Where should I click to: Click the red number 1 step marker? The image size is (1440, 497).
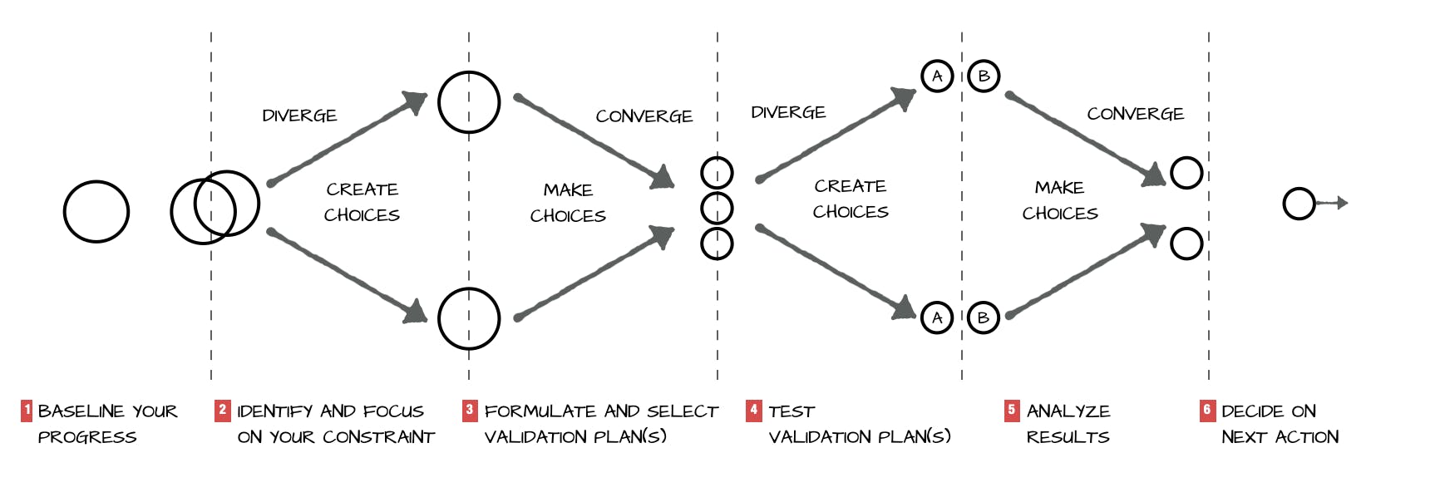pyautogui.click(x=27, y=410)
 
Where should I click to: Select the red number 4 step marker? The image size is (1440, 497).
pyautogui.click(x=753, y=410)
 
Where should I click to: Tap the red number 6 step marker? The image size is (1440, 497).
pyautogui.click(x=1207, y=410)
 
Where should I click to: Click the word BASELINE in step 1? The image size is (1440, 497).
pyautogui.click(x=81, y=411)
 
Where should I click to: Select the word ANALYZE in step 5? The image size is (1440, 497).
pyautogui.click(x=1068, y=411)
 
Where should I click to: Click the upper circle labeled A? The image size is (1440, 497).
pyautogui.click(x=937, y=76)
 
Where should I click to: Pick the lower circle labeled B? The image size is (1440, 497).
pyautogui.click(x=984, y=317)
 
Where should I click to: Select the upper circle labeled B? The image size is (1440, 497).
pyautogui.click(x=984, y=76)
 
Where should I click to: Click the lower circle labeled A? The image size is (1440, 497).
pyautogui.click(x=937, y=317)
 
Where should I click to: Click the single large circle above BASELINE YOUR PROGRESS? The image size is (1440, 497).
pyautogui.click(x=96, y=212)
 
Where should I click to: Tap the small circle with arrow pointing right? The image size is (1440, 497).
pyautogui.click(x=1299, y=204)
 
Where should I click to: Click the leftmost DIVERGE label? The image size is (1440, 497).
pyautogui.click(x=299, y=116)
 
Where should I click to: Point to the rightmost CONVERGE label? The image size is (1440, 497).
pyautogui.click(x=1135, y=114)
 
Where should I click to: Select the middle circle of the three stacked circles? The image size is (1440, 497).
pyautogui.click(x=717, y=208)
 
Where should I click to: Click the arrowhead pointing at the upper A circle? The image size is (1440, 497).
pyautogui.click(x=904, y=96)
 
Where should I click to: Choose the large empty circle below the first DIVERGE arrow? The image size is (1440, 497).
pyautogui.click(x=469, y=319)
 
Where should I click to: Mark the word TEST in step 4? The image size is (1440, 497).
pyautogui.click(x=792, y=411)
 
